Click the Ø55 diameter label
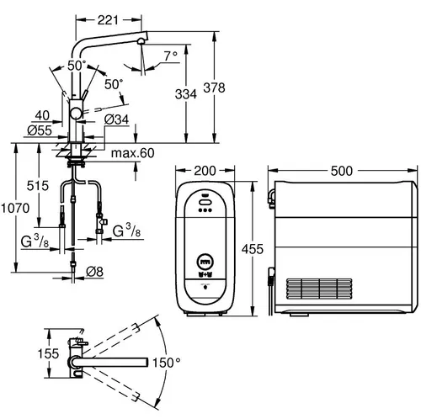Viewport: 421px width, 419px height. (x=34, y=131)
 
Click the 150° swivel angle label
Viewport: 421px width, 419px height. (x=167, y=363)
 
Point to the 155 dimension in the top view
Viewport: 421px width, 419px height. (x=28, y=354)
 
